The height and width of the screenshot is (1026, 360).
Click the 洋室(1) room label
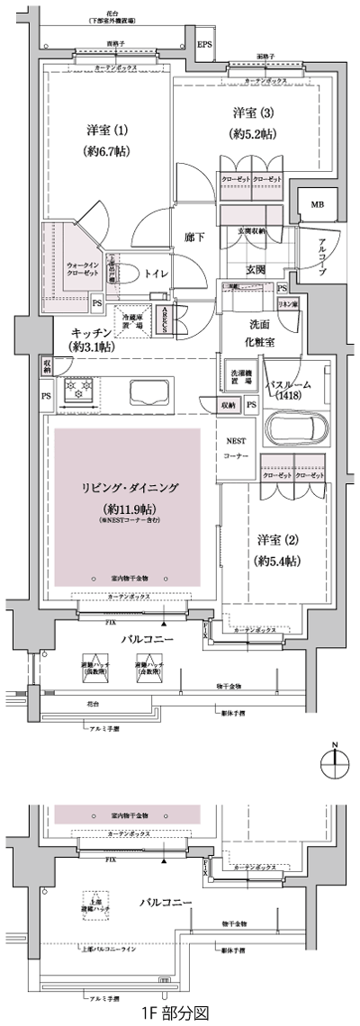pyautogui.click(x=100, y=139)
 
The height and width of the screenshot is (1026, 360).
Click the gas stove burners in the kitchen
pyautogui.click(x=78, y=393)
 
